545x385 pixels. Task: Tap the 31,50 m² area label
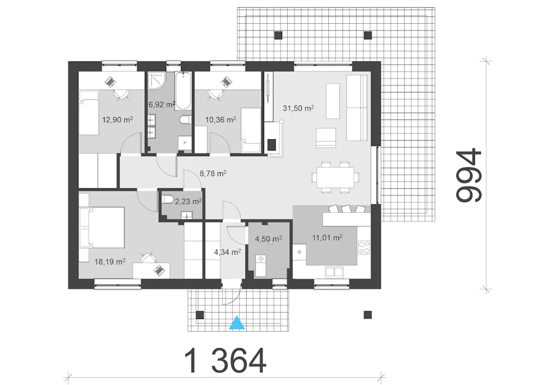pyautogui.click(x=298, y=108)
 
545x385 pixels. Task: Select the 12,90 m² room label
pyautogui.click(x=117, y=120)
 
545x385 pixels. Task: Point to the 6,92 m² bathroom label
pyautogui.click(x=162, y=105)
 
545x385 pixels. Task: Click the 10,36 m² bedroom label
pyautogui.click(x=221, y=120)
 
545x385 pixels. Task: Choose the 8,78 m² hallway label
pyautogui.click(x=213, y=173)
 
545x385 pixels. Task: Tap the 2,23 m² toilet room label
pyautogui.click(x=188, y=201)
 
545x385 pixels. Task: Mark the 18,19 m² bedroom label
pyautogui.click(x=110, y=262)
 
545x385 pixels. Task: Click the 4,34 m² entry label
pyautogui.click(x=227, y=252)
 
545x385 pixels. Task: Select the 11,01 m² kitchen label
pyautogui.click(x=327, y=237)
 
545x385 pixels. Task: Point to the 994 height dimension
pyautogui.click(x=469, y=175)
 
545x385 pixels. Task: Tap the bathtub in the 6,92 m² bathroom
pyautogui.click(x=183, y=91)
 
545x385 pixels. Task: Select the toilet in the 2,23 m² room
pyautogui.click(x=168, y=200)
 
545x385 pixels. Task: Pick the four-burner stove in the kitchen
pyautogui.click(x=364, y=247)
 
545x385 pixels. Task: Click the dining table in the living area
pyautogui.click(x=335, y=177)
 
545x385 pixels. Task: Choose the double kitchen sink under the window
pyautogui.click(x=334, y=272)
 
